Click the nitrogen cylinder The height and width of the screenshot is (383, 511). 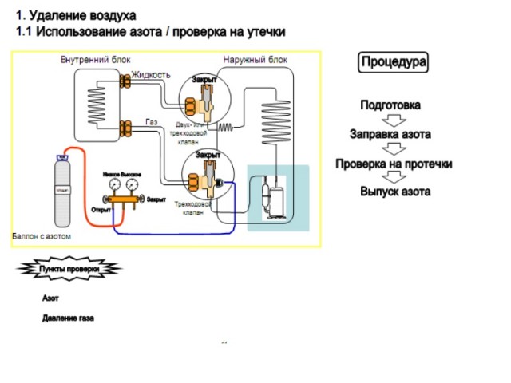[61, 193]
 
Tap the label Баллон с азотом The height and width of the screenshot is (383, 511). [42, 237]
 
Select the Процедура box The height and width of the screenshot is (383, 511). [394, 61]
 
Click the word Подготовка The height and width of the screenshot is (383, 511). [390, 105]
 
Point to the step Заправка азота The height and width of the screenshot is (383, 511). [390, 134]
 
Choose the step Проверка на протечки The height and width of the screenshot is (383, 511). [394, 164]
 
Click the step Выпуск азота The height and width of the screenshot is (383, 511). [394, 191]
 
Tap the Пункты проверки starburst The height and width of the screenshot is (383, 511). [69, 270]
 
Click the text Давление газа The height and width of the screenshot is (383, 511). [68, 318]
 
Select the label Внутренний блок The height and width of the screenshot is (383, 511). [96, 61]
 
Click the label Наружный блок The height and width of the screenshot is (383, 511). [255, 61]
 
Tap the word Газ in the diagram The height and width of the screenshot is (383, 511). [151, 121]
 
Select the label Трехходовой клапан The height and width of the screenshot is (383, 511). [195, 208]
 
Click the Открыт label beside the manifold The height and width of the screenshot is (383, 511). [101, 209]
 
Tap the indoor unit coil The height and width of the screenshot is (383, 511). [97, 104]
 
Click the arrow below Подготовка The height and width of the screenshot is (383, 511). [390, 120]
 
